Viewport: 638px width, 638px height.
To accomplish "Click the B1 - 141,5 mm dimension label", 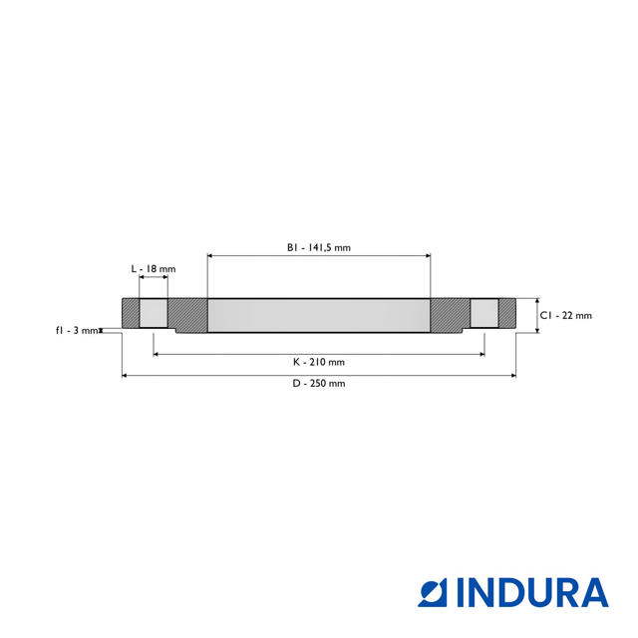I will (x=319, y=247).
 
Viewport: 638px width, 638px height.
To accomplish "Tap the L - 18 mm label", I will (x=154, y=269).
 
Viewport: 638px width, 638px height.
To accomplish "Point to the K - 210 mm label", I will (x=319, y=361).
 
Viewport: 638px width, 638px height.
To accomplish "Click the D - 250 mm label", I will (x=319, y=384).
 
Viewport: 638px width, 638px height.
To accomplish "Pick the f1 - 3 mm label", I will (x=77, y=330).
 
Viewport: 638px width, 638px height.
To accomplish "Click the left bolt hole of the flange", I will (x=154, y=314).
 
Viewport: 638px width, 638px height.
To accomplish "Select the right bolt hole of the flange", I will (x=484, y=314).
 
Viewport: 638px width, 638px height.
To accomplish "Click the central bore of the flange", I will (x=319, y=316).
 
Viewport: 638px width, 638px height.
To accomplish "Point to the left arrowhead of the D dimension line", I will (x=125, y=376).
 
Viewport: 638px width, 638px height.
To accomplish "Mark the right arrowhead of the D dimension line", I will (x=513, y=376).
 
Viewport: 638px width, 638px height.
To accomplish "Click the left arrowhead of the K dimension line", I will (x=157, y=353).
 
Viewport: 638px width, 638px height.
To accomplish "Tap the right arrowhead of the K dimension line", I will (x=481, y=353).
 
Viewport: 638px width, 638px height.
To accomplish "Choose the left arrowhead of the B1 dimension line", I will (x=210, y=256).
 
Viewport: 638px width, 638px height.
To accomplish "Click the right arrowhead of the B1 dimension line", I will (x=428, y=256).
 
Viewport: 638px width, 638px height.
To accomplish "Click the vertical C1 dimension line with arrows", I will (x=537, y=315).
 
